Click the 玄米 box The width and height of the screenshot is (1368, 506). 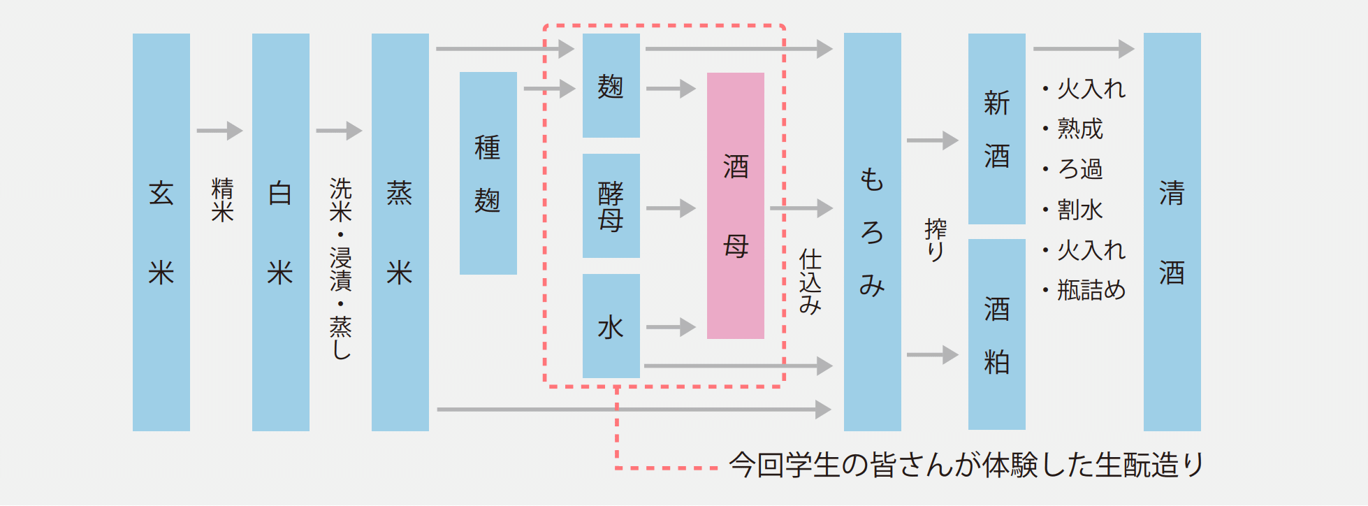click(x=161, y=232)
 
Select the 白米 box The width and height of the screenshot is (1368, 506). click(x=280, y=232)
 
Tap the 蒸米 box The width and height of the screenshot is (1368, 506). click(x=400, y=232)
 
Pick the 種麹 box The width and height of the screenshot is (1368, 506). click(x=488, y=173)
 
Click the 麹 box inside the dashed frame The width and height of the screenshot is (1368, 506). click(x=611, y=86)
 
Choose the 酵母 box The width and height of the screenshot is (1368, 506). click(x=611, y=206)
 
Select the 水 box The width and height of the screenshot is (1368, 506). click(x=611, y=326)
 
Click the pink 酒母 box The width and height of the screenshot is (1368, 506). click(x=735, y=206)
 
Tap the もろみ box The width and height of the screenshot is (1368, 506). click(x=872, y=232)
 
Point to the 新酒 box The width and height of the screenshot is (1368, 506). click(x=996, y=129)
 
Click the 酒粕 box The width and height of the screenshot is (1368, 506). click(x=996, y=335)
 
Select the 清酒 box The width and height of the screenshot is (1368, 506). click(x=1172, y=232)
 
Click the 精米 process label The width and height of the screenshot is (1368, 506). click(x=222, y=200)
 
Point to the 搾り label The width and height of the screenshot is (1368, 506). click(x=935, y=240)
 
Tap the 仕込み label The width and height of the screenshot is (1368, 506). click(x=810, y=281)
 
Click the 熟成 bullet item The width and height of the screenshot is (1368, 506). click(x=1079, y=129)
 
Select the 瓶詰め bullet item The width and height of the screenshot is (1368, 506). click(x=1091, y=289)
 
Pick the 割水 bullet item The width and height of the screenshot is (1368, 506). click(x=1079, y=209)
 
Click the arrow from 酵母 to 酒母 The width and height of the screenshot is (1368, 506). click(x=671, y=208)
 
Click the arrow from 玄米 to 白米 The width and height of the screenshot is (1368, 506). click(x=219, y=131)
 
